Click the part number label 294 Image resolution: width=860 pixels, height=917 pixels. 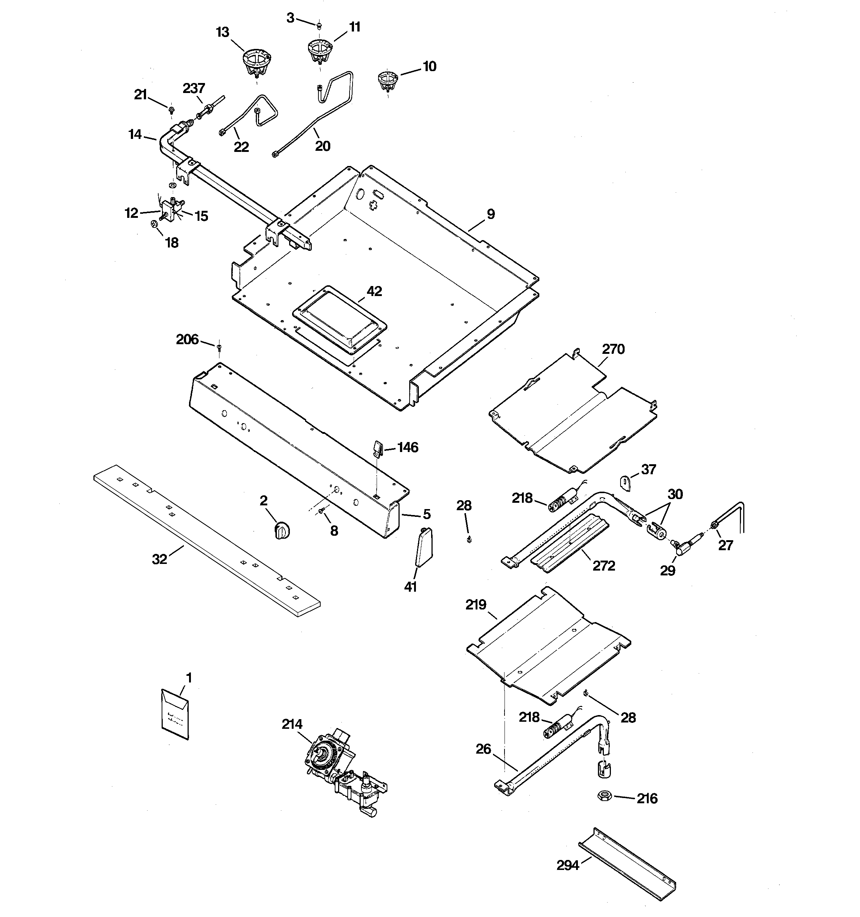point(567,865)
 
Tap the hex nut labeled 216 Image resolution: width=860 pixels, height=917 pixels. point(604,796)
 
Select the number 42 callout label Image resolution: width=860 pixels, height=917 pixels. point(374,291)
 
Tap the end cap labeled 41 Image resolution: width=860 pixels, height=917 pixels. point(422,547)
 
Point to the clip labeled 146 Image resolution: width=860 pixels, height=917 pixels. point(377,448)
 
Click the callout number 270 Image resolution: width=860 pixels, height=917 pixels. point(613,349)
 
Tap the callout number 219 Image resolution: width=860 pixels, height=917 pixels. point(476,604)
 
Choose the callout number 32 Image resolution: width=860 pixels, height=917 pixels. point(159,559)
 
